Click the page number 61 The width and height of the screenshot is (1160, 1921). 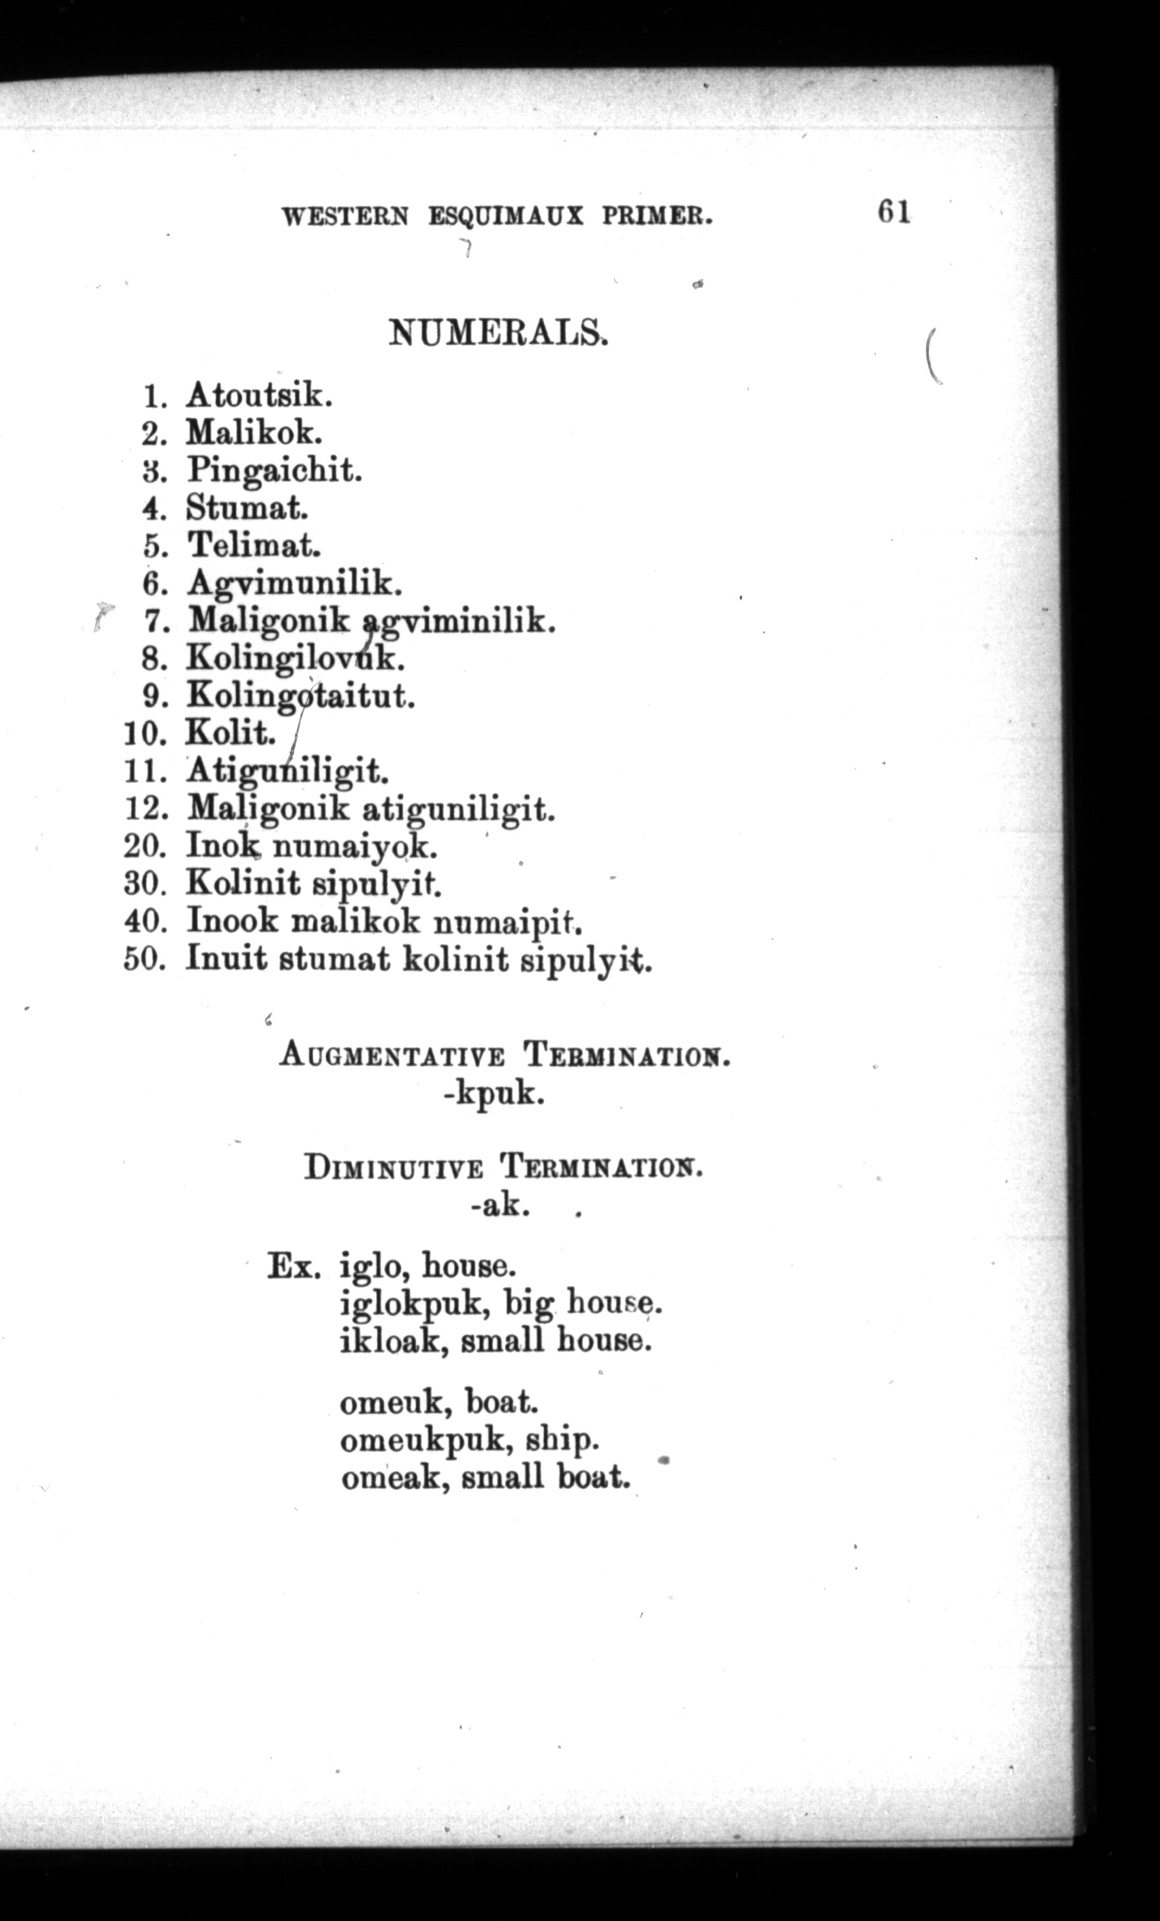pyautogui.click(x=894, y=211)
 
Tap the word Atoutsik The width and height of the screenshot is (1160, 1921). pyautogui.click(x=259, y=396)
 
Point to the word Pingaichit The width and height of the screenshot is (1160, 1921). pyautogui.click(x=274, y=471)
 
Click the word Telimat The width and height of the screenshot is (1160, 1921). pyautogui.click(x=253, y=546)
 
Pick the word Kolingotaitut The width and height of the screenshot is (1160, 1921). pyautogui.click(x=299, y=695)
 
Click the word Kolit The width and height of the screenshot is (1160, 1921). pyautogui.click(x=230, y=733)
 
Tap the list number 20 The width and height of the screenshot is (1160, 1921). pyautogui.click(x=145, y=845)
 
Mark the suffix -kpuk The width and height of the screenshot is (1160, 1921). pyautogui.click(x=493, y=1094)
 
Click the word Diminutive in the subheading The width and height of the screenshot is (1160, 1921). pyautogui.click(x=394, y=1168)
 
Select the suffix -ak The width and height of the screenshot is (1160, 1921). pyautogui.click(x=501, y=1207)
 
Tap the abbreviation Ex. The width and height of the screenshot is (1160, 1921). pyautogui.click(x=293, y=1266)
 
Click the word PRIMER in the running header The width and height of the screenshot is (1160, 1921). pyautogui.click(x=657, y=216)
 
